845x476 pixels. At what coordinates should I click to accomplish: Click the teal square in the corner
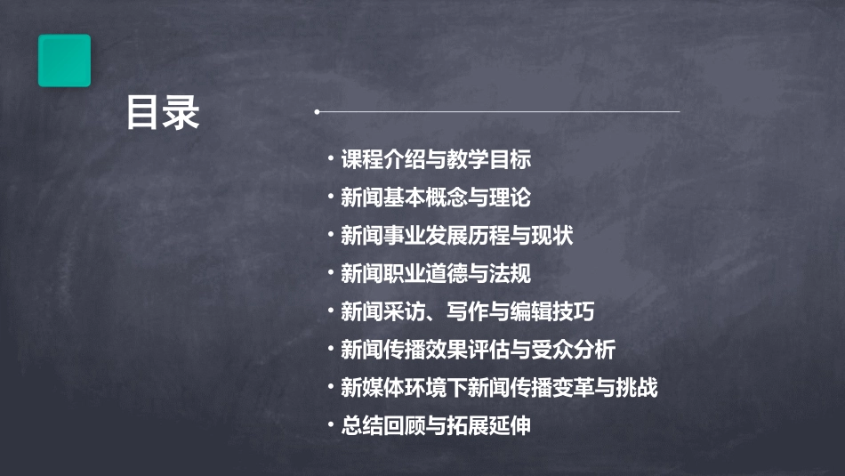(64, 61)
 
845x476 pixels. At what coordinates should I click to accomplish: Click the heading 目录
(163, 114)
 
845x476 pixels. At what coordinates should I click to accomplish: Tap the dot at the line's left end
(317, 112)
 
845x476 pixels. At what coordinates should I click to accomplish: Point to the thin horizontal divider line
(498, 112)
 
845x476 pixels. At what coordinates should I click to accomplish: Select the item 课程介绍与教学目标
(436, 159)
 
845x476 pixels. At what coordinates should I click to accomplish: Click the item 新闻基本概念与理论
(436, 198)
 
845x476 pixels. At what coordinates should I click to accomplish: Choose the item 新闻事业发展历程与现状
(457, 236)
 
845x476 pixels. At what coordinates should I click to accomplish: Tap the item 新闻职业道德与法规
(436, 274)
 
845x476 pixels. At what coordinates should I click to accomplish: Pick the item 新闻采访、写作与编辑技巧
(467, 312)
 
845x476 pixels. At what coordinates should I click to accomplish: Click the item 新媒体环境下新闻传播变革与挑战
(499, 388)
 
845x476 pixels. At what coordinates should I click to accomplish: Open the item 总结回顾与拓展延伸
(436, 426)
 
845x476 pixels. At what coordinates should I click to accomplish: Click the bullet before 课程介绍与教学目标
(331, 159)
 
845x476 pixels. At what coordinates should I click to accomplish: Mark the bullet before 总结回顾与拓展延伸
(331, 426)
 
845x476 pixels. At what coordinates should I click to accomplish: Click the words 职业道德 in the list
(425, 274)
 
